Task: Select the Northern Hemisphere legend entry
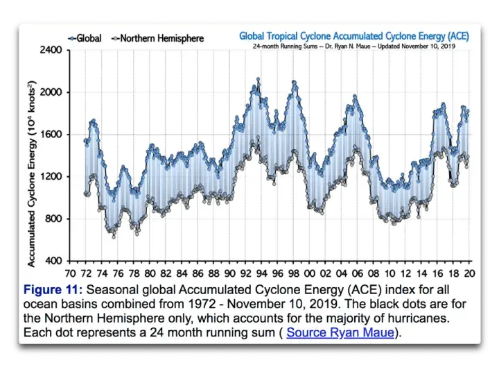[x=158, y=38]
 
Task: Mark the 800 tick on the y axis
[x=53, y=219]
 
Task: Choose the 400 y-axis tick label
[x=53, y=262]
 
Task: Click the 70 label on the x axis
[x=70, y=273]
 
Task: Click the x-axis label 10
[x=392, y=273]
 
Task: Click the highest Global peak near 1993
[x=258, y=79]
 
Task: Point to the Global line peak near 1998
[x=295, y=83]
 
